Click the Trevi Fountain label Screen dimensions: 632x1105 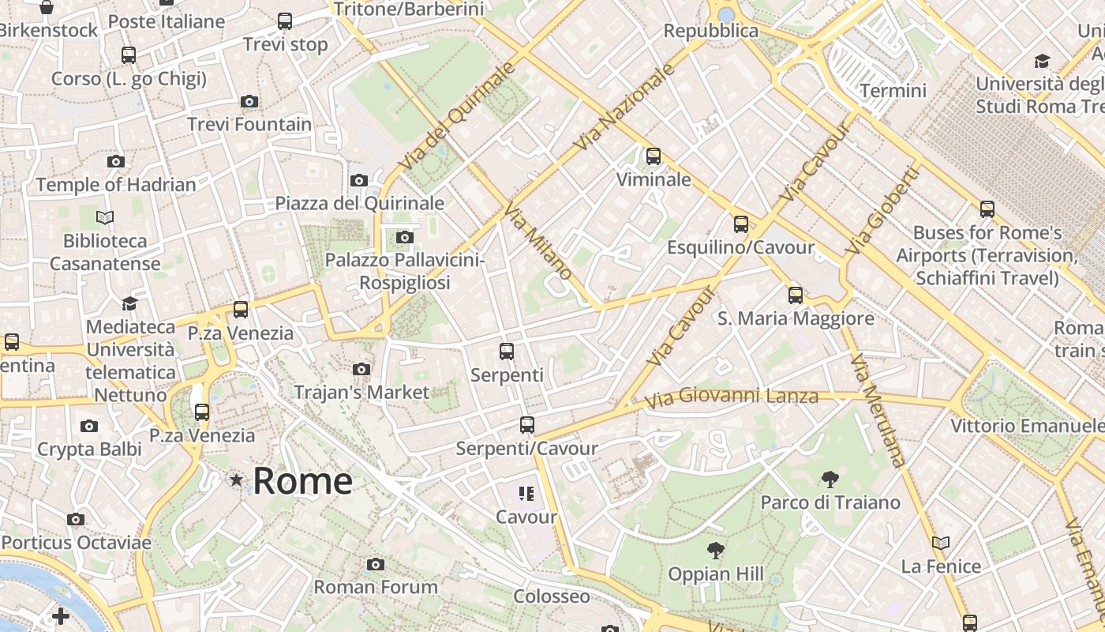pyautogui.click(x=249, y=124)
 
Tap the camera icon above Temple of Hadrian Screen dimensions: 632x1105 pyautogui.click(x=116, y=161)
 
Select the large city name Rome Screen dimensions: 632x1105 pyautogui.click(x=302, y=480)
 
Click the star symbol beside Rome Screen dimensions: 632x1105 pyautogui.click(x=236, y=480)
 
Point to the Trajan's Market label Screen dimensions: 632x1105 pyautogui.click(x=361, y=392)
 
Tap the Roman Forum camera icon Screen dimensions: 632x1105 pyautogui.click(x=376, y=564)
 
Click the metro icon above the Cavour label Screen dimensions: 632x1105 pyautogui.click(x=526, y=495)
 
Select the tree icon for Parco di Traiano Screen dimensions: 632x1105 pyautogui.click(x=830, y=479)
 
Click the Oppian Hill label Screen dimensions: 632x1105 pyautogui.click(x=716, y=574)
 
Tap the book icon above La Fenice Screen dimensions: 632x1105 pyautogui.click(x=941, y=543)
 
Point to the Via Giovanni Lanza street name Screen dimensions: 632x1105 pyautogui.click(x=732, y=396)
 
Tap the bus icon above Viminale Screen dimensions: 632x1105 pyautogui.click(x=654, y=156)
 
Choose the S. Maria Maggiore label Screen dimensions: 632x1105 pyautogui.click(x=796, y=318)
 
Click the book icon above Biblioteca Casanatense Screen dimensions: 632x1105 pyautogui.click(x=105, y=216)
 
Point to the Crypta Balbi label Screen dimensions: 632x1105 pyautogui.click(x=90, y=450)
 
